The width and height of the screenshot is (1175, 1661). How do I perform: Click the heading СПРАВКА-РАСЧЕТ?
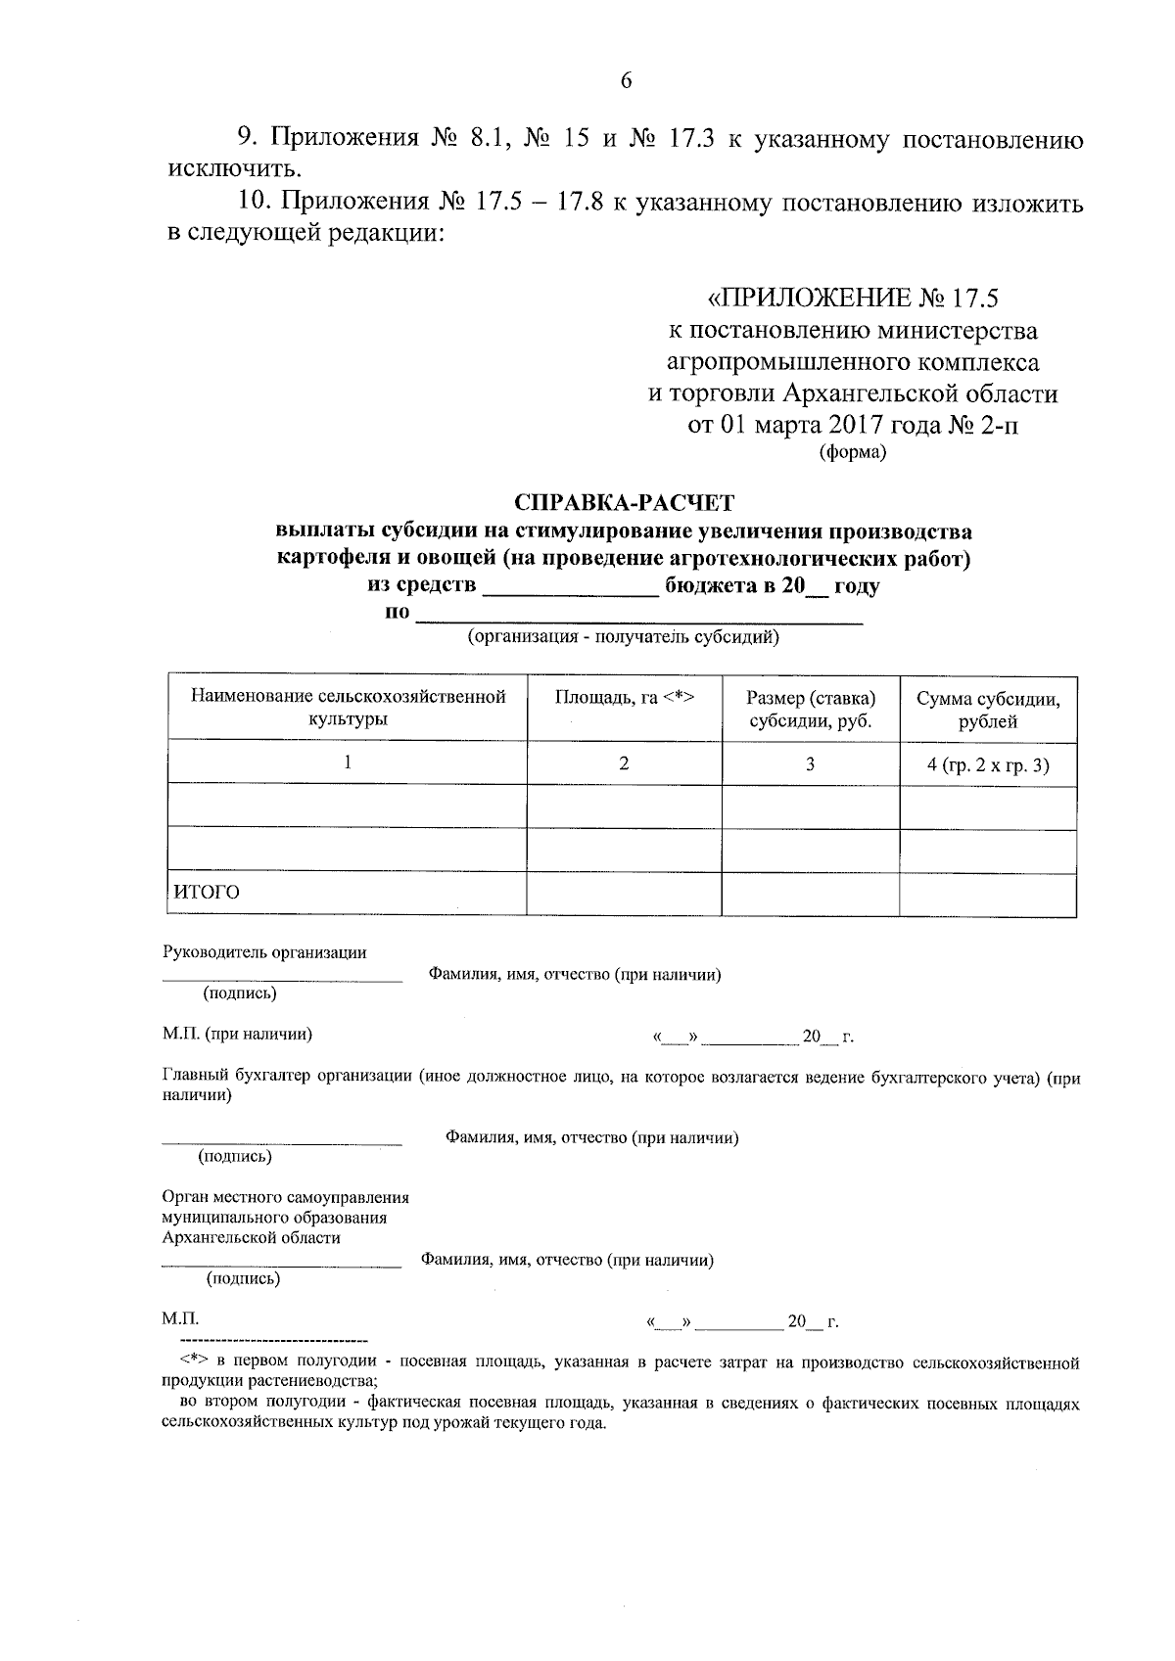(x=625, y=503)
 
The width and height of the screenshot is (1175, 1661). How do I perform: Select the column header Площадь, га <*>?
(x=624, y=698)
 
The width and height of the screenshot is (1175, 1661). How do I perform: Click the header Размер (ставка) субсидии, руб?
(x=810, y=710)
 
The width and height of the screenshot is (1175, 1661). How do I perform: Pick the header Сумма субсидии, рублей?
(x=987, y=710)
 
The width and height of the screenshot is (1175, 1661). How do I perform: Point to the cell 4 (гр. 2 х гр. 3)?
(x=987, y=765)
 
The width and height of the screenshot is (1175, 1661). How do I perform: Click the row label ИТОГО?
(x=207, y=892)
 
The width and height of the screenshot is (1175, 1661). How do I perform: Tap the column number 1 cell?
(x=347, y=762)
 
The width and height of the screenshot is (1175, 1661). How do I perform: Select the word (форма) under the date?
(x=852, y=452)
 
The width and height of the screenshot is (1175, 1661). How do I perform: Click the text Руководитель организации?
(x=264, y=952)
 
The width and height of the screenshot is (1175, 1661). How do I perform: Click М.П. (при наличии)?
(x=237, y=1034)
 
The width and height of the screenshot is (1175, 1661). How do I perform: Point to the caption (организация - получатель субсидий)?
(x=624, y=638)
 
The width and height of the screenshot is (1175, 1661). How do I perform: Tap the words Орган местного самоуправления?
(x=285, y=1197)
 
